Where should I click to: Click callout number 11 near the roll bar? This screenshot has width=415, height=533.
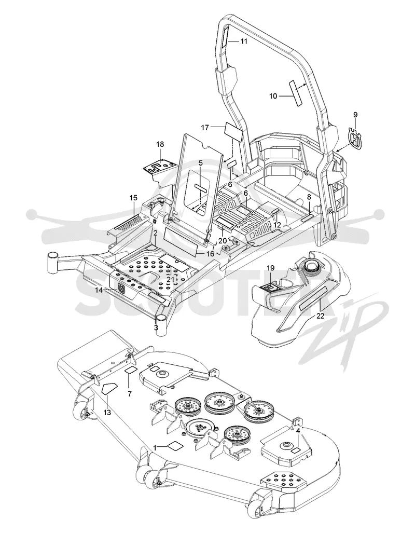[x=244, y=42]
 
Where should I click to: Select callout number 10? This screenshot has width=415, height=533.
[x=273, y=96]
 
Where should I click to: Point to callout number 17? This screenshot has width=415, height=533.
[x=205, y=128]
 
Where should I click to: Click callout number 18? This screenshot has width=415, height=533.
[x=160, y=144]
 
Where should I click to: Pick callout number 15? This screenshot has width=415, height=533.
[x=133, y=198]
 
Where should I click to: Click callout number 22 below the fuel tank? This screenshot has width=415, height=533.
[x=320, y=316]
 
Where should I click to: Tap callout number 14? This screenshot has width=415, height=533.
[x=99, y=290]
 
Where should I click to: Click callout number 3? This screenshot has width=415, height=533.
[x=156, y=327]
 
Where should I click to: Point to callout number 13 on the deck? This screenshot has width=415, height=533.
[x=107, y=412]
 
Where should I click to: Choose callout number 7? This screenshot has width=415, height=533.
[x=129, y=394]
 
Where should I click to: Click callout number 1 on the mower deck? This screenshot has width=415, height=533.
[x=155, y=448]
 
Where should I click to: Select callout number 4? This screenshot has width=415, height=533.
[x=298, y=431]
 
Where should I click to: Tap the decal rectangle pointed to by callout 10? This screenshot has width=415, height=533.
[x=295, y=93]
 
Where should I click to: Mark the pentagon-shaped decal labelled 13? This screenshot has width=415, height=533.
[x=110, y=388]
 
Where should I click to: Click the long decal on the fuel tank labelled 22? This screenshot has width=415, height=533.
[x=313, y=298]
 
